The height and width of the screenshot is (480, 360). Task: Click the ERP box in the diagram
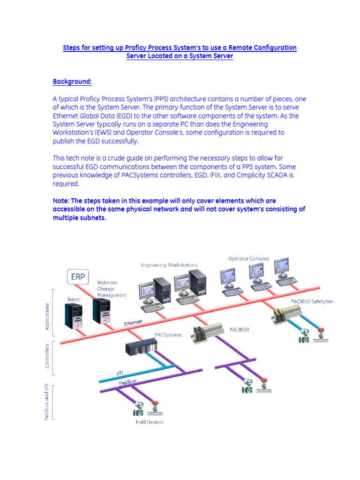click(x=78, y=277)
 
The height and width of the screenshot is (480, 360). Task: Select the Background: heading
click(x=72, y=82)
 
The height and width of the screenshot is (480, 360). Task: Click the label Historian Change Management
click(x=112, y=289)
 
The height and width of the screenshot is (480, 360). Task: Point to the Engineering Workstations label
click(x=169, y=265)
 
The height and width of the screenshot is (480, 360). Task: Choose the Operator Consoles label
click(x=248, y=258)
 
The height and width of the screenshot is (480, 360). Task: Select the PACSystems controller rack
click(x=141, y=347)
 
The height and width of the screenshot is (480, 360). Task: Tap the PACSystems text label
click(x=168, y=335)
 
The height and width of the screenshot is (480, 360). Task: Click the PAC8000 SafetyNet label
click(x=312, y=302)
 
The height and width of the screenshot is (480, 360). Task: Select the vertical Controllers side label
click(x=47, y=357)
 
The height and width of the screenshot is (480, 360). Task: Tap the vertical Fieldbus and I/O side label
click(x=47, y=402)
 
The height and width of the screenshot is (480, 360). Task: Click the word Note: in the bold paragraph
click(x=61, y=201)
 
